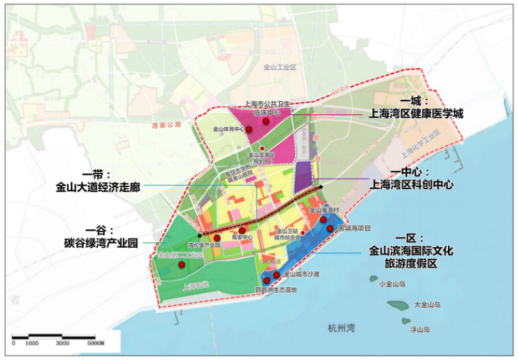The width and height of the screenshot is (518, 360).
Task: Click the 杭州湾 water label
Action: (342, 328)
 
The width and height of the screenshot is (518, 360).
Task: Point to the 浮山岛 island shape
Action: (413, 320)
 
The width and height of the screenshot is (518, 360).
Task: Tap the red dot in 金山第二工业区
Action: (181, 265)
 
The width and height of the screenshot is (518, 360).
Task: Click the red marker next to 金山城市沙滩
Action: (276, 274)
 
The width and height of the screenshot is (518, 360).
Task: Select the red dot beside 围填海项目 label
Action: (329, 229)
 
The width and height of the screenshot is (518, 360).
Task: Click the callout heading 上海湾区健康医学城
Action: (416, 114)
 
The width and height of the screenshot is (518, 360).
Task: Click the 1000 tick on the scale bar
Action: (32, 344)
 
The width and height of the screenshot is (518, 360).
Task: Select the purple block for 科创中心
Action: (303, 176)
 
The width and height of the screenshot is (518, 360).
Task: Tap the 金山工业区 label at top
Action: (279, 66)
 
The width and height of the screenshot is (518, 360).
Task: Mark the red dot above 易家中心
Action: (243, 230)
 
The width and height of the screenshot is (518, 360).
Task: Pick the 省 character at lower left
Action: (14, 300)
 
